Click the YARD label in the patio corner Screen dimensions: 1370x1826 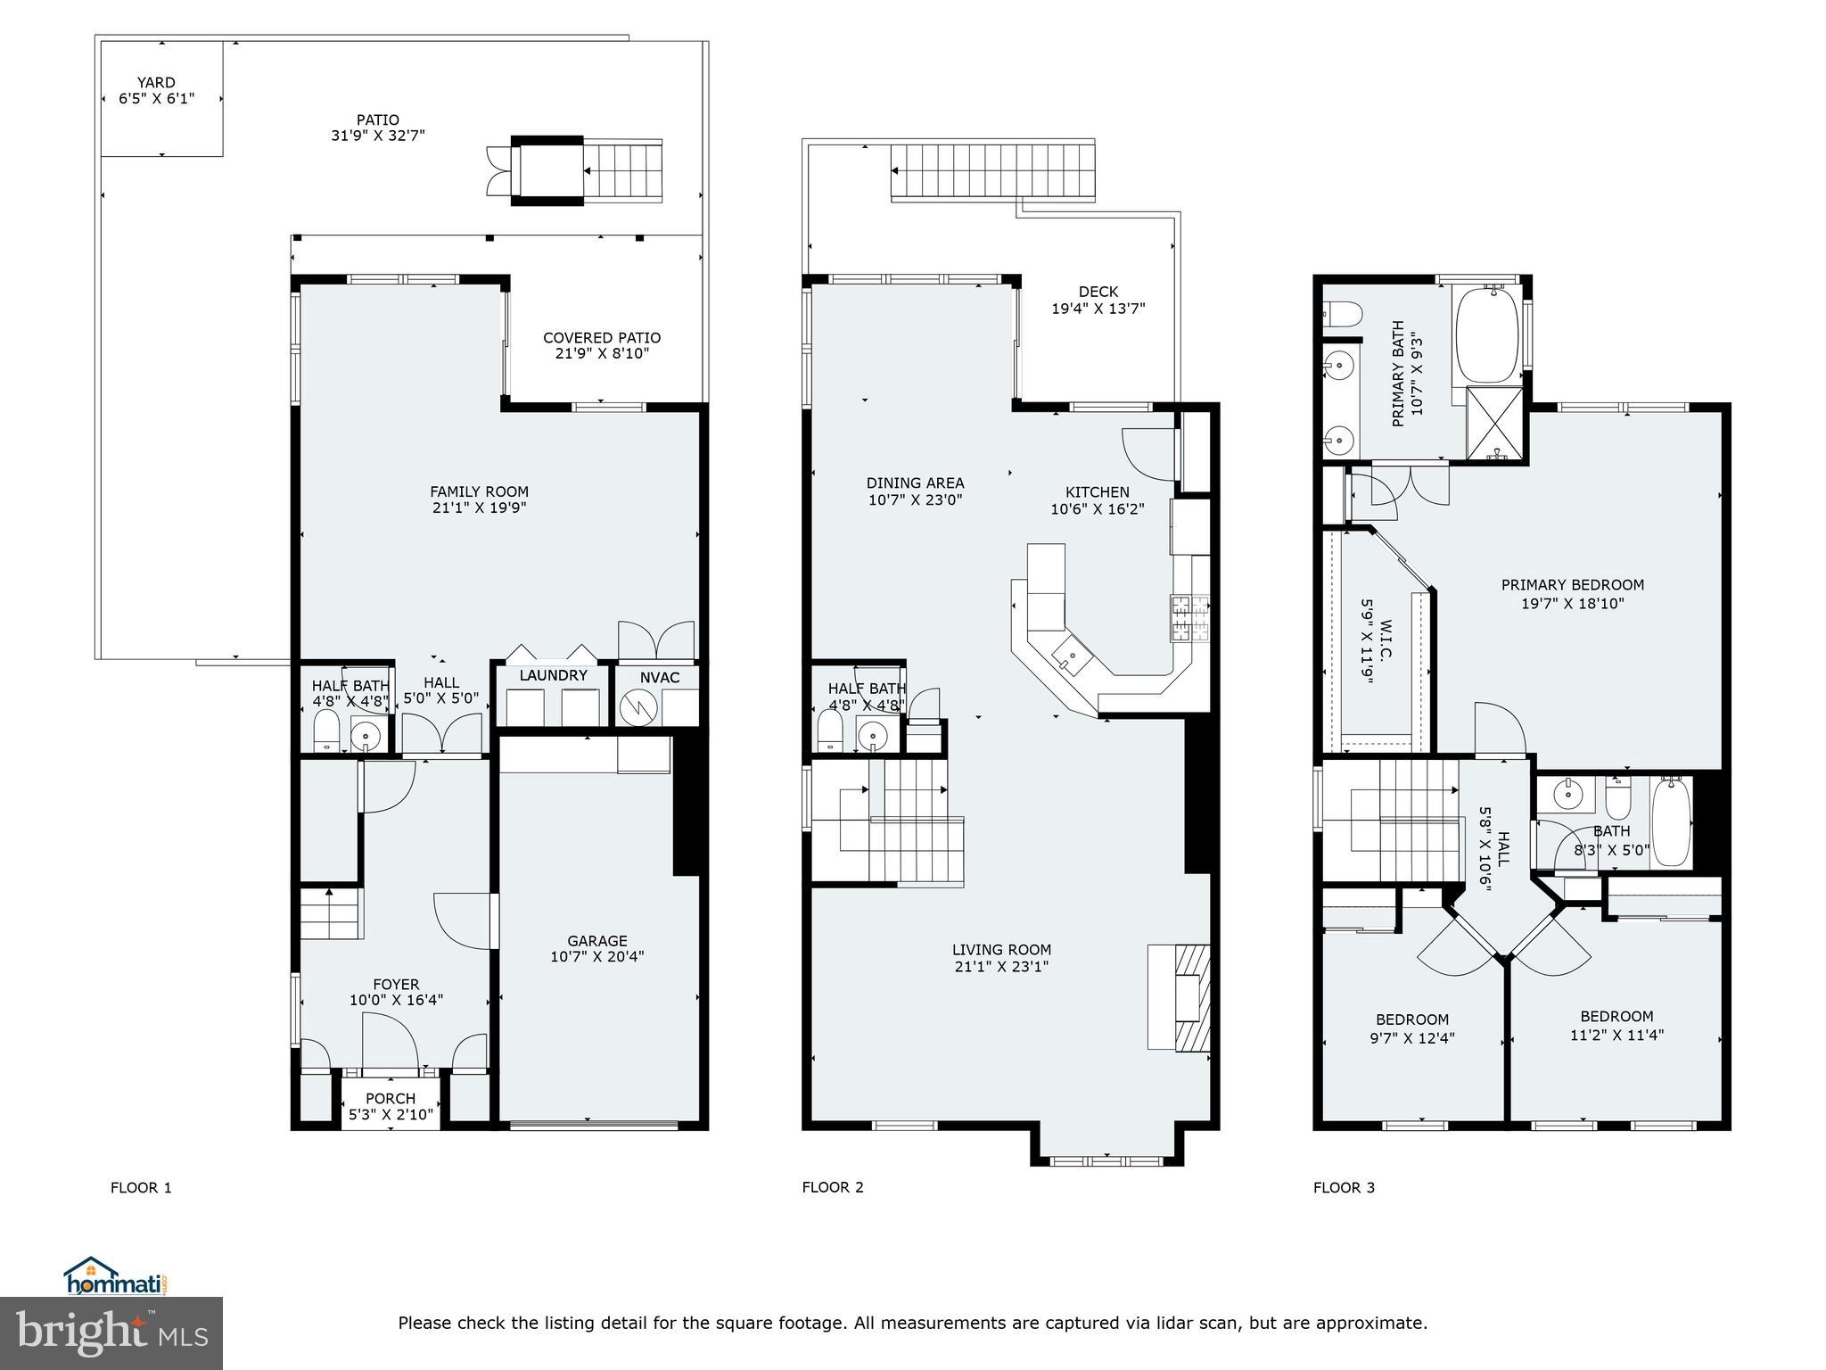coord(156,83)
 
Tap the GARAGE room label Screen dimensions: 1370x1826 coord(596,941)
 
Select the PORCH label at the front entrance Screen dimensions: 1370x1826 coord(391,1098)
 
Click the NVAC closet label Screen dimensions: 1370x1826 coord(660,678)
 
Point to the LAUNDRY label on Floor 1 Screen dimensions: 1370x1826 coord(553,675)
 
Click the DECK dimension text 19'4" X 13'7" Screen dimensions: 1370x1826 coord(1098,309)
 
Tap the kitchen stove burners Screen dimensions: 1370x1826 coord(1190,618)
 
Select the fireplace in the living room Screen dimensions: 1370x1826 coord(1190,998)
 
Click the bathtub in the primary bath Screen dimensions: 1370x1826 coord(1486,335)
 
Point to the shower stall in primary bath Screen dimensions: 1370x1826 coord(1496,425)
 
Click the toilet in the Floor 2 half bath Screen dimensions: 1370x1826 coord(830,732)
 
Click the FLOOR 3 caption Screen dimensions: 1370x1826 coord(1344,1187)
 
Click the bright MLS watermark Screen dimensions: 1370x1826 coord(111,1333)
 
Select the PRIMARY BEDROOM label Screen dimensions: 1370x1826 coord(1572,585)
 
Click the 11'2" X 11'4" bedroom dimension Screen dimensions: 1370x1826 coord(1616,1035)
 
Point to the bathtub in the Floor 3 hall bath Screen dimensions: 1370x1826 coord(1671,821)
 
